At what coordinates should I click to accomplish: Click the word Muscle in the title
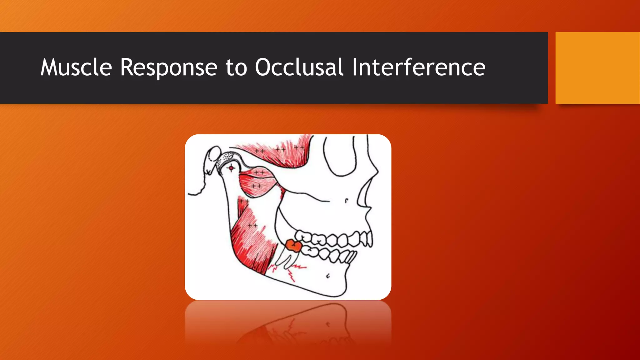click(76, 67)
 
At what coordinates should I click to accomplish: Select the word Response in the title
click(169, 67)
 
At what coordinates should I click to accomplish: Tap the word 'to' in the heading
click(236, 68)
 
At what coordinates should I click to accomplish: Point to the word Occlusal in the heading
click(299, 67)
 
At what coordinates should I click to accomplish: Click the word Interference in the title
click(418, 67)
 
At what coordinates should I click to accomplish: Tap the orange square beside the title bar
click(597, 67)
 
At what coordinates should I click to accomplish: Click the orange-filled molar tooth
click(294, 245)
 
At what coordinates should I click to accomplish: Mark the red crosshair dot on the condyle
click(231, 168)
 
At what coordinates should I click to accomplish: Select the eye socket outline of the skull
click(339, 156)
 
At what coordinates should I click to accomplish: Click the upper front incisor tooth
click(369, 239)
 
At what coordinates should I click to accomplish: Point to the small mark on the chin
click(328, 276)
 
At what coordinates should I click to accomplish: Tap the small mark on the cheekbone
click(346, 201)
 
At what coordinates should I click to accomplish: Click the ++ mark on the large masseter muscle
click(252, 225)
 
